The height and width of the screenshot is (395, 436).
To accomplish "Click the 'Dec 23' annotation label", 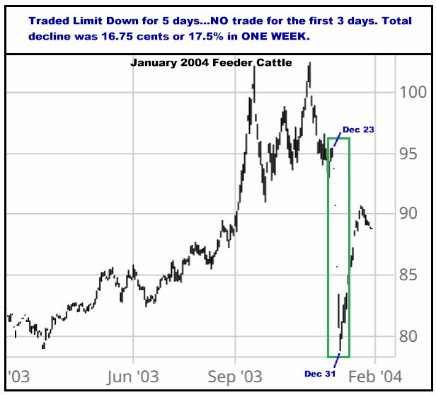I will tap(358, 130).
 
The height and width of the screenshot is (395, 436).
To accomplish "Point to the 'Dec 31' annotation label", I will tap(320, 373).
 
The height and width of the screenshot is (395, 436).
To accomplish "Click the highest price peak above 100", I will tap(309, 66).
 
